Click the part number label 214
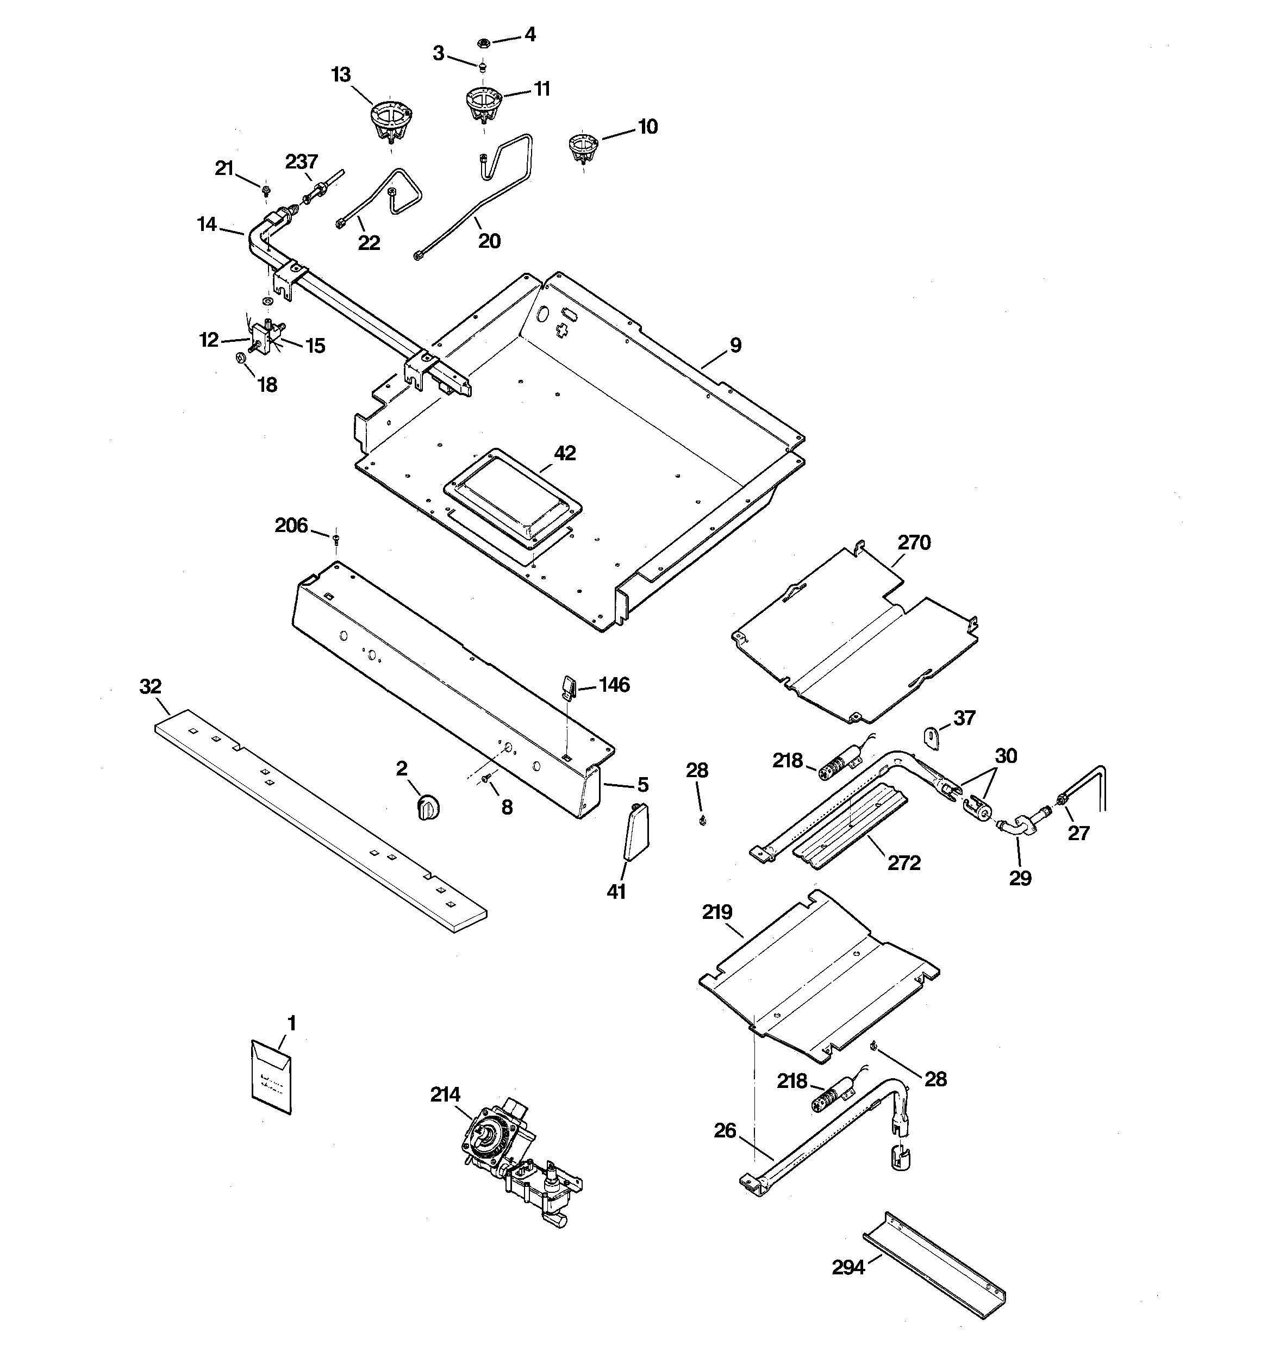[445, 1094]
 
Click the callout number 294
[848, 1267]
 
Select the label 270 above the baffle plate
[914, 542]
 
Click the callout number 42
[565, 453]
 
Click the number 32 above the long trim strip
[150, 687]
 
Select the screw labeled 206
[336, 538]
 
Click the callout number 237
[301, 162]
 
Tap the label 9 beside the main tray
[735, 345]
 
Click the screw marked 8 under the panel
[486, 780]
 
